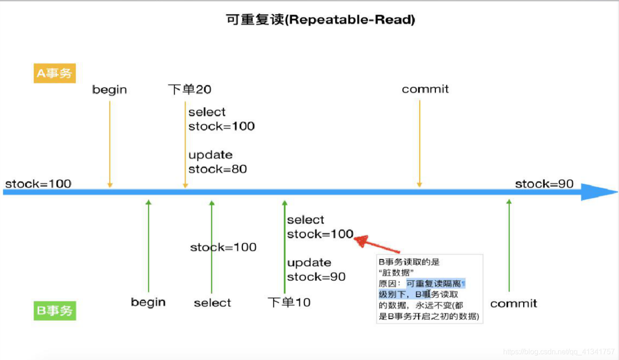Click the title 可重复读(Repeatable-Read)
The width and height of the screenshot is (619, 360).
click(320, 20)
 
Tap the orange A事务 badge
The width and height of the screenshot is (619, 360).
click(55, 73)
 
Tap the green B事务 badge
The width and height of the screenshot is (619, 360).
click(55, 311)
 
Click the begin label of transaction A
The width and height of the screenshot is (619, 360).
click(110, 89)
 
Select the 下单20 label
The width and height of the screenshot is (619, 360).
click(190, 89)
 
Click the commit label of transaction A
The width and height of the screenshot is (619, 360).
click(425, 89)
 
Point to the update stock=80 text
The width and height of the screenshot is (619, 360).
click(218, 162)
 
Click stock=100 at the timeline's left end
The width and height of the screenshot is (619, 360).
click(38, 184)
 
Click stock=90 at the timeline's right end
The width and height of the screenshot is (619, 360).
click(544, 184)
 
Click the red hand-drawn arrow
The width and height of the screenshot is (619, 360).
click(378, 245)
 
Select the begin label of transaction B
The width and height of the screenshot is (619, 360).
click(148, 302)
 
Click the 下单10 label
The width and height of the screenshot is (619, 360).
click(289, 302)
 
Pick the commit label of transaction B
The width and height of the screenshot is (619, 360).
click(513, 304)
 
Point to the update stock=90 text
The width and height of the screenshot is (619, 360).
click(316, 270)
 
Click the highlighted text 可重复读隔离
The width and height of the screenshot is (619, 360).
click(435, 284)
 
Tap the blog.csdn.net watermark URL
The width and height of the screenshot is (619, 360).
click(559, 352)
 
